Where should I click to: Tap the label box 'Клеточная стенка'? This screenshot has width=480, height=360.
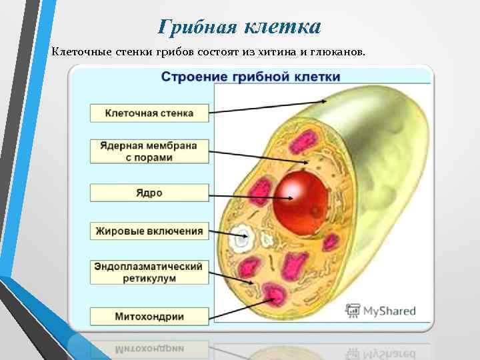tap(149, 113)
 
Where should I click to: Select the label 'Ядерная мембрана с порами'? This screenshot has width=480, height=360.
tap(149, 151)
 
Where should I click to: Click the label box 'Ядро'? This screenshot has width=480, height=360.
tap(149, 193)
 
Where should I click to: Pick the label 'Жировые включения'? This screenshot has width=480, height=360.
tap(149, 231)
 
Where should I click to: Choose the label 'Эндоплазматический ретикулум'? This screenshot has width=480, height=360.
tap(149, 272)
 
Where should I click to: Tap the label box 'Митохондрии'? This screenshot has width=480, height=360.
tap(149, 316)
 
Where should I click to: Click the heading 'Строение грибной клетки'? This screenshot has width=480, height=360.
tap(251, 77)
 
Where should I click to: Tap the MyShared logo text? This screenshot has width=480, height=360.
tap(389, 311)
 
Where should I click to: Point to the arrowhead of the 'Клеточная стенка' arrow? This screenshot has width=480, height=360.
tap(325, 101)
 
